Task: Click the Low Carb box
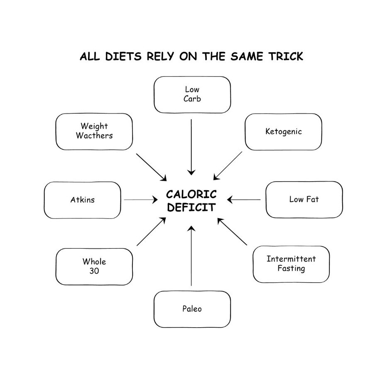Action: point(192,95)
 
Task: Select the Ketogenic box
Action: point(283,132)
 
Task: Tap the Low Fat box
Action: point(304,199)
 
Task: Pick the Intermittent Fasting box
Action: point(291,264)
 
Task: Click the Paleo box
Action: point(192,309)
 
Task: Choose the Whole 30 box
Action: point(94,266)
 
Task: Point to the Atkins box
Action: point(82,200)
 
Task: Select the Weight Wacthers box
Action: point(94,131)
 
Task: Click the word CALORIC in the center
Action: point(191,194)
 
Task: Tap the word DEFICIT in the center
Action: point(191,207)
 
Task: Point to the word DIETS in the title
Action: point(123,56)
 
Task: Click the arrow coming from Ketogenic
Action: point(228,165)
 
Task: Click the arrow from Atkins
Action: point(140,200)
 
